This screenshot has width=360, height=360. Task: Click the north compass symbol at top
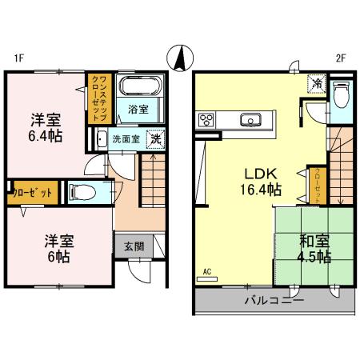[x=180, y=58]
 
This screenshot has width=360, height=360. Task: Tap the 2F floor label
[x=342, y=57]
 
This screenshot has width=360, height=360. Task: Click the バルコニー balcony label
[x=274, y=302]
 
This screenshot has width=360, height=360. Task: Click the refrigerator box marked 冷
[x=318, y=82]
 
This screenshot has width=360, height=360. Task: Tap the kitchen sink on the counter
[x=250, y=121]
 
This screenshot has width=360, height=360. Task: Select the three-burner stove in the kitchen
[x=205, y=121]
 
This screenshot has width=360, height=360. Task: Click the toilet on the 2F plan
[x=341, y=94]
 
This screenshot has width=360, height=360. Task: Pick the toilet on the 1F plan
[x=83, y=191]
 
